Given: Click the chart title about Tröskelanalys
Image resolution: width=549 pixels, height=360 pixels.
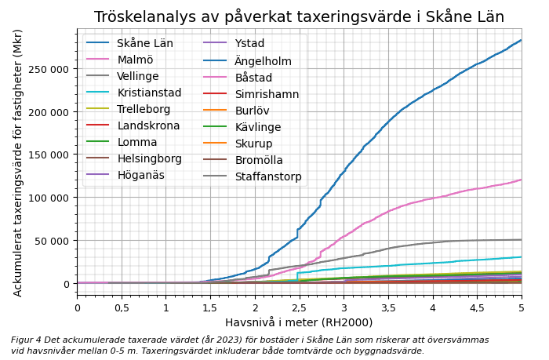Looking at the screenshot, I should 299,16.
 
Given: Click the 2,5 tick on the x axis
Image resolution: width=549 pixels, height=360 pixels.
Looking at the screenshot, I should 299,307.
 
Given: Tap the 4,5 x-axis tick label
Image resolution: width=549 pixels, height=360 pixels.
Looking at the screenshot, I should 477,307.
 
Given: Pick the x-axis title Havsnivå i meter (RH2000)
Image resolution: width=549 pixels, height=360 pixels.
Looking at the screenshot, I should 299,322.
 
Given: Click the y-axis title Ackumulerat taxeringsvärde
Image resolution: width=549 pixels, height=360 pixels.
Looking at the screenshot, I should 18,162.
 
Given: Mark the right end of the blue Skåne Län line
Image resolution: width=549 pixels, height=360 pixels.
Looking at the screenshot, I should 521,40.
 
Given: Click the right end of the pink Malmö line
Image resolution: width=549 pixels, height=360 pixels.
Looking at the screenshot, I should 521,180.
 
